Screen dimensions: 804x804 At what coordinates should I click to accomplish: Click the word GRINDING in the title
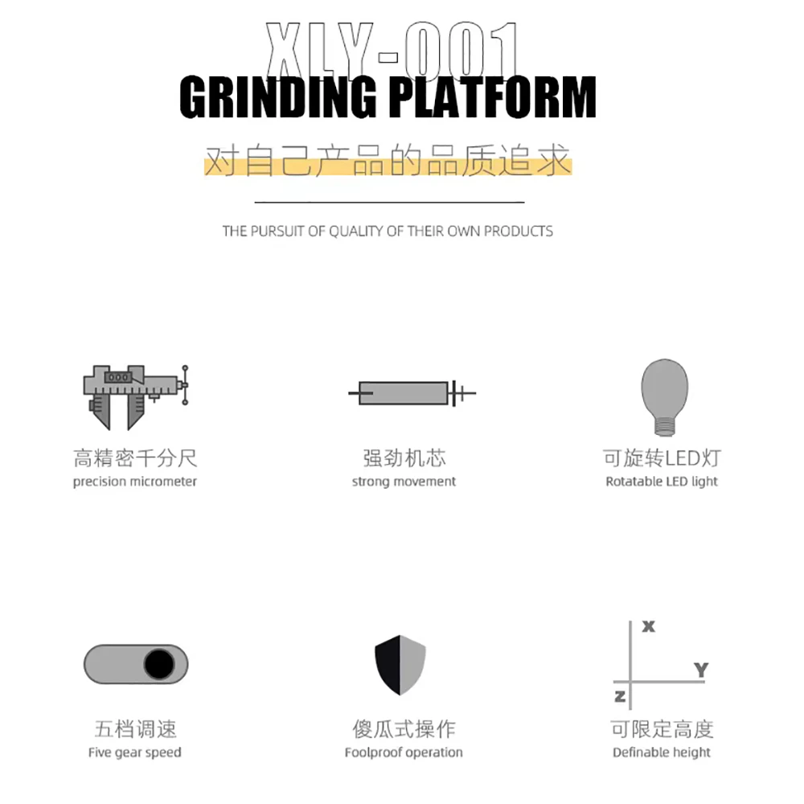pos(277,98)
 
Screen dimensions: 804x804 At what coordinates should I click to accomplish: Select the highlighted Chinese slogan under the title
pos(388,160)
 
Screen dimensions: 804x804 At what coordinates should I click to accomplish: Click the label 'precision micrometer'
pos(134,482)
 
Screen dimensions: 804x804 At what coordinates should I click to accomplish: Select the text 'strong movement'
pos(404,482)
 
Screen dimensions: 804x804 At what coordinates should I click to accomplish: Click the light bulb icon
pos(664,390)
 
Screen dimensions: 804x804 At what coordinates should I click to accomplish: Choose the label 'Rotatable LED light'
pos(662,482)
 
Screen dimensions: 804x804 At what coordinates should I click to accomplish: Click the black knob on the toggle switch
pos(159,664)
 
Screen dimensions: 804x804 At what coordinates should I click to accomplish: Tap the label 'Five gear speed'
pos(134,753)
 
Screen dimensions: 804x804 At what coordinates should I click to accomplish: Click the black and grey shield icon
pos(400,664)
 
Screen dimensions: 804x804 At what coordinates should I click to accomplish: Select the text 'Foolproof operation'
pos(404,753)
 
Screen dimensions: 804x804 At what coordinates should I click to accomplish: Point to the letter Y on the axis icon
pos(700,669)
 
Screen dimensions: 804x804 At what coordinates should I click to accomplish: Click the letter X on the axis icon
pos(649,626)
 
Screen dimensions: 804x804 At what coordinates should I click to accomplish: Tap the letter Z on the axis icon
pos(620,695)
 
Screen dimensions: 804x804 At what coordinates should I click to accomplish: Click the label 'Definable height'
pos(662,753)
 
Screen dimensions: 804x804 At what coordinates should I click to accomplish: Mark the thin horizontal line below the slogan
pos(389,202)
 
